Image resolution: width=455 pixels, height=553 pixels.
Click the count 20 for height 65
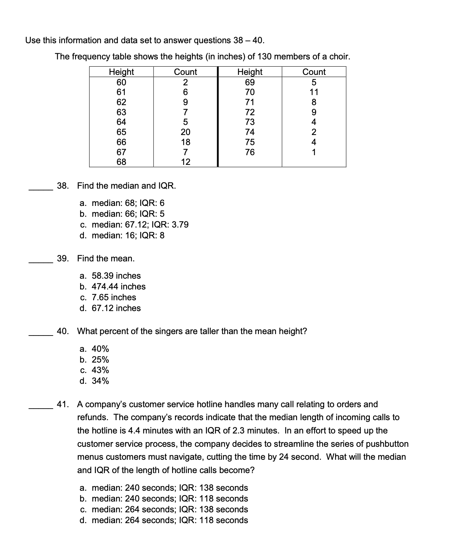pyautogui.click(x=185, y=132)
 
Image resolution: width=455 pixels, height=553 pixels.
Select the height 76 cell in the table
pyautogui.click(x=250, y=152)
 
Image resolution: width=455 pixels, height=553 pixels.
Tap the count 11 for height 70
pyautogui.click(x=314, y=92)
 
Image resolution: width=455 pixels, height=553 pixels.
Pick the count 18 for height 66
pyautogui.click(x=185, y=142)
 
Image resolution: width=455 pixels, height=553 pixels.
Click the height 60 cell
pyautogui.click(x=121, y=82)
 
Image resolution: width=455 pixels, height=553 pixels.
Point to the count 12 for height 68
pyautogui.click(x=185, y=162)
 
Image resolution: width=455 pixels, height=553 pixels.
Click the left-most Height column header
pyautogui.click(x=121, y=72)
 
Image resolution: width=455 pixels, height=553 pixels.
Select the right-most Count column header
pyautogui.click(x=314, y=72)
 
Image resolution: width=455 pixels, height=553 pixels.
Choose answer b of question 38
pyautogui.click(x=122, y=214)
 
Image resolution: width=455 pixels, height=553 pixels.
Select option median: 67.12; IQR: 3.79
pyautogui.click(x=134, y=225)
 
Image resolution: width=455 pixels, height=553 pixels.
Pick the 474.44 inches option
pyautogui.click(x=113, y=287)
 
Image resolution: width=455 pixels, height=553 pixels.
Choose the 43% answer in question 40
pyautogui.click(x=95, y=370)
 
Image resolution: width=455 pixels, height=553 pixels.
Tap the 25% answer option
pyautogui.click(x=95, y=360)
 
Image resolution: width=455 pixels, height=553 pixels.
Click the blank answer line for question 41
pyautogui.click(x=41, y=408)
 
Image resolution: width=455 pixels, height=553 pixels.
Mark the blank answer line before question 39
pyautogui.click(x=41, y=262)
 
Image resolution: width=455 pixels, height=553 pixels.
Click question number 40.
pyautogui.click(x=63, y=331)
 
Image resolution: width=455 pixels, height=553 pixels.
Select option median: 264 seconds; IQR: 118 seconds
pyautogui.click(x=164, y=520)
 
